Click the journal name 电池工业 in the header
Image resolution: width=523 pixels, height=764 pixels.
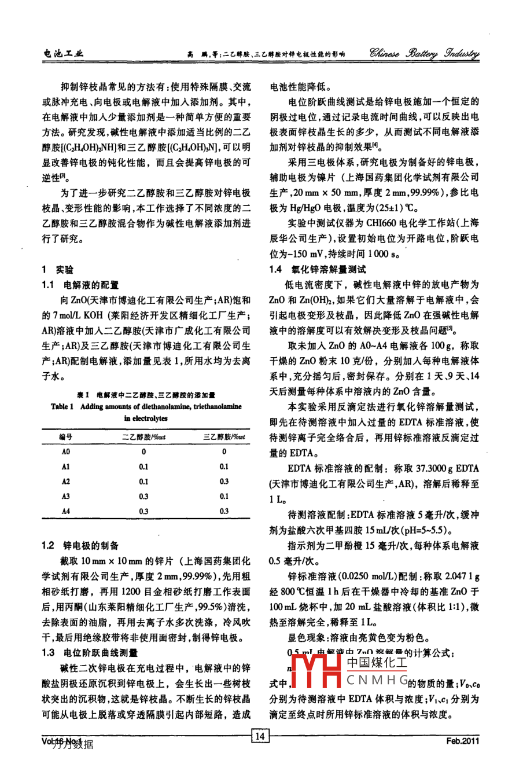pyautogui.click(x=64, y=54)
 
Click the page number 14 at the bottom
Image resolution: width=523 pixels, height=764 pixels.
pyautogui.click(x=260, y=736)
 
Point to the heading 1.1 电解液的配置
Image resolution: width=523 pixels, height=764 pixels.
pyautogui.click(x=80, y=285)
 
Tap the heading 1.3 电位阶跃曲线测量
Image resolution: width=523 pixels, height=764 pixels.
pyautogui.click(x=90, y=653)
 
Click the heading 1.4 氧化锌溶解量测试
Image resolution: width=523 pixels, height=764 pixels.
pyautogui.click(x=318, y=270)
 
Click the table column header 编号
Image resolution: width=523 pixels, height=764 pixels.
pyautogui.click(x=66, y=437)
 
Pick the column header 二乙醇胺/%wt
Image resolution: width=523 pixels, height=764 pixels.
pyautogui.click(x=143, y=437)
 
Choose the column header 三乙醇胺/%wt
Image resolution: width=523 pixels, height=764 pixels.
pyautogui.click(x=224, y=437)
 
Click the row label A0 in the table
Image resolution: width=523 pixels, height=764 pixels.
pyautogui.click(x=66, y=452)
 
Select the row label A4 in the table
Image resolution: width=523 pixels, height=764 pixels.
pyautogui.click(x=66, y=512)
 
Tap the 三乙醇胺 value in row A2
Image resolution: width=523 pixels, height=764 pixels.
pyautogui.click(x=224, y=482)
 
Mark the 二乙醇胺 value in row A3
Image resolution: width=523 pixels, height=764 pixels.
pyautogui.click(x=143, y=497)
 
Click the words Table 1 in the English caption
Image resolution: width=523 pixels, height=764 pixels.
pyautogui.click(x=62, y=407)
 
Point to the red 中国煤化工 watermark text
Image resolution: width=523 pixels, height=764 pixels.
pyautogui.click(x=377, y=663)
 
